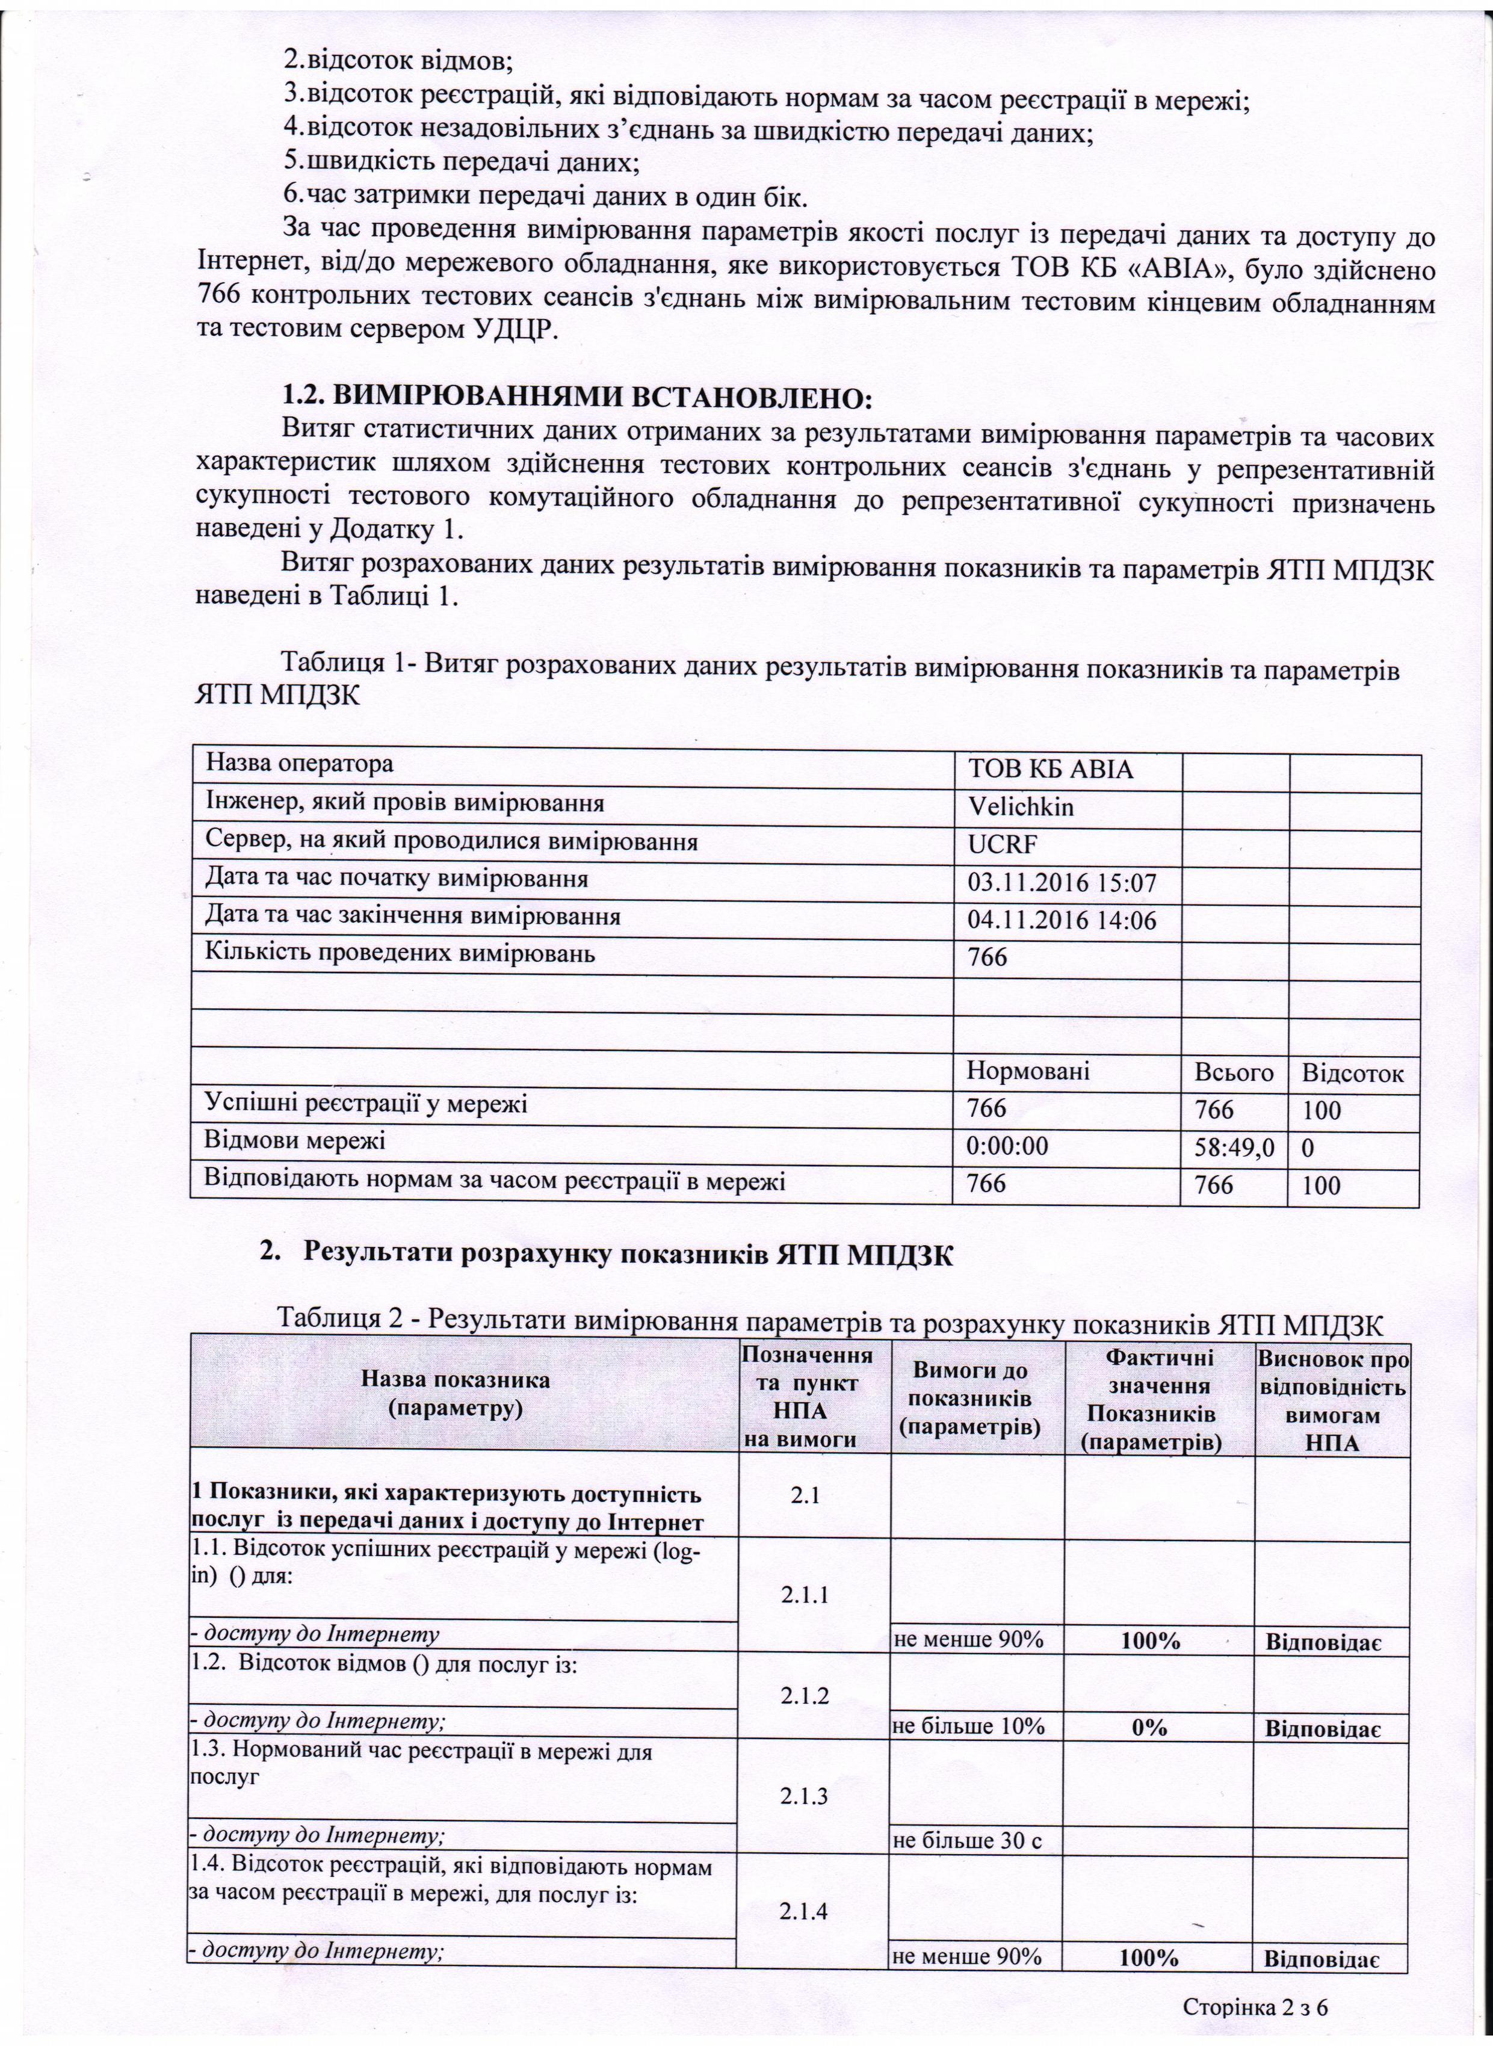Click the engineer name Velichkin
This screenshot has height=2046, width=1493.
1021,806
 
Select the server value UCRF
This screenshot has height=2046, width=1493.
1003,844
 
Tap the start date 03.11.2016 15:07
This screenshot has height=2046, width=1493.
1062,883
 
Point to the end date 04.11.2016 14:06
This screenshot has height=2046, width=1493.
1062,921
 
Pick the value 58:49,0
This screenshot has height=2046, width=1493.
1234,1148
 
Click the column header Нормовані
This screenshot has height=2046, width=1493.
1028,1071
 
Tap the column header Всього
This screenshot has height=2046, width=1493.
1234,1073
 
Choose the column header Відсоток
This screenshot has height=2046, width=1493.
1352,1074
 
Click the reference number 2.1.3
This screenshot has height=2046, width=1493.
809,1770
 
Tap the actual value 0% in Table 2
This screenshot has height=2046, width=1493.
1149,1727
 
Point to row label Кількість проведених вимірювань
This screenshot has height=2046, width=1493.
400,953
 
